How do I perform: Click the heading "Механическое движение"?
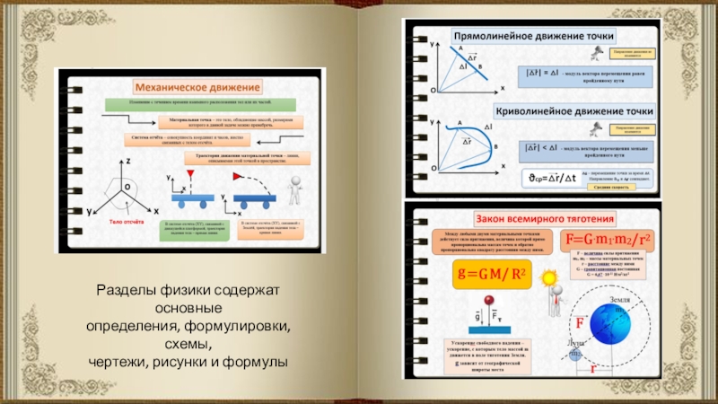197,87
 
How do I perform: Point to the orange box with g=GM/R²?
490,275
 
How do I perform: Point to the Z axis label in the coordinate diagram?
129,160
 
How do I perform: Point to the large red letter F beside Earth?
580,322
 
